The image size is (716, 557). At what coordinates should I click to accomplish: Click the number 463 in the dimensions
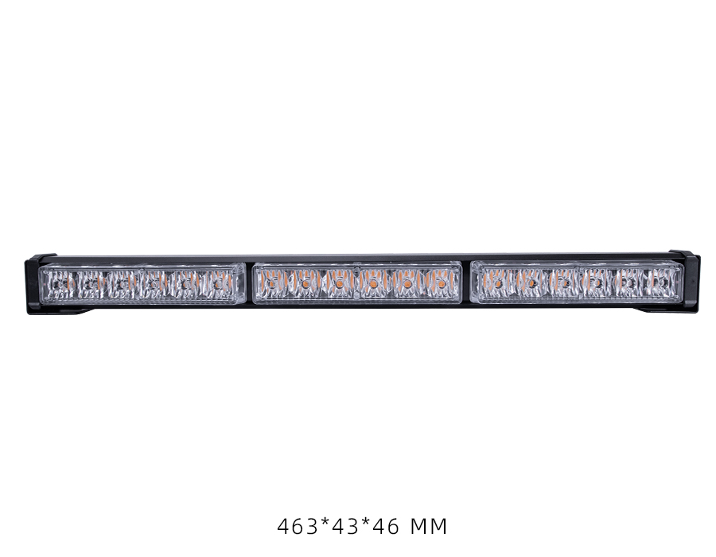(x=298, y=527)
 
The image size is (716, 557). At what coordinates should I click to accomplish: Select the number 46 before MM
(x=386, y=527)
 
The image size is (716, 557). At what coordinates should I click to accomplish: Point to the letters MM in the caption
(x=429, y=527)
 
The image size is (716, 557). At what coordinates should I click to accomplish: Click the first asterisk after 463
(x=325, y=524)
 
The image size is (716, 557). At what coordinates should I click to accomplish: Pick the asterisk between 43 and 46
(x=365, y=524)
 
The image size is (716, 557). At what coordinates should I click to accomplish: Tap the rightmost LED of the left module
(x=218, y=284)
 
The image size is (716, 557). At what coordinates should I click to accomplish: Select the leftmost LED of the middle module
(x=272, y=284)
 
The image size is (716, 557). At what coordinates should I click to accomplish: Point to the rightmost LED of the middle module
(x=441, y=284)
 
